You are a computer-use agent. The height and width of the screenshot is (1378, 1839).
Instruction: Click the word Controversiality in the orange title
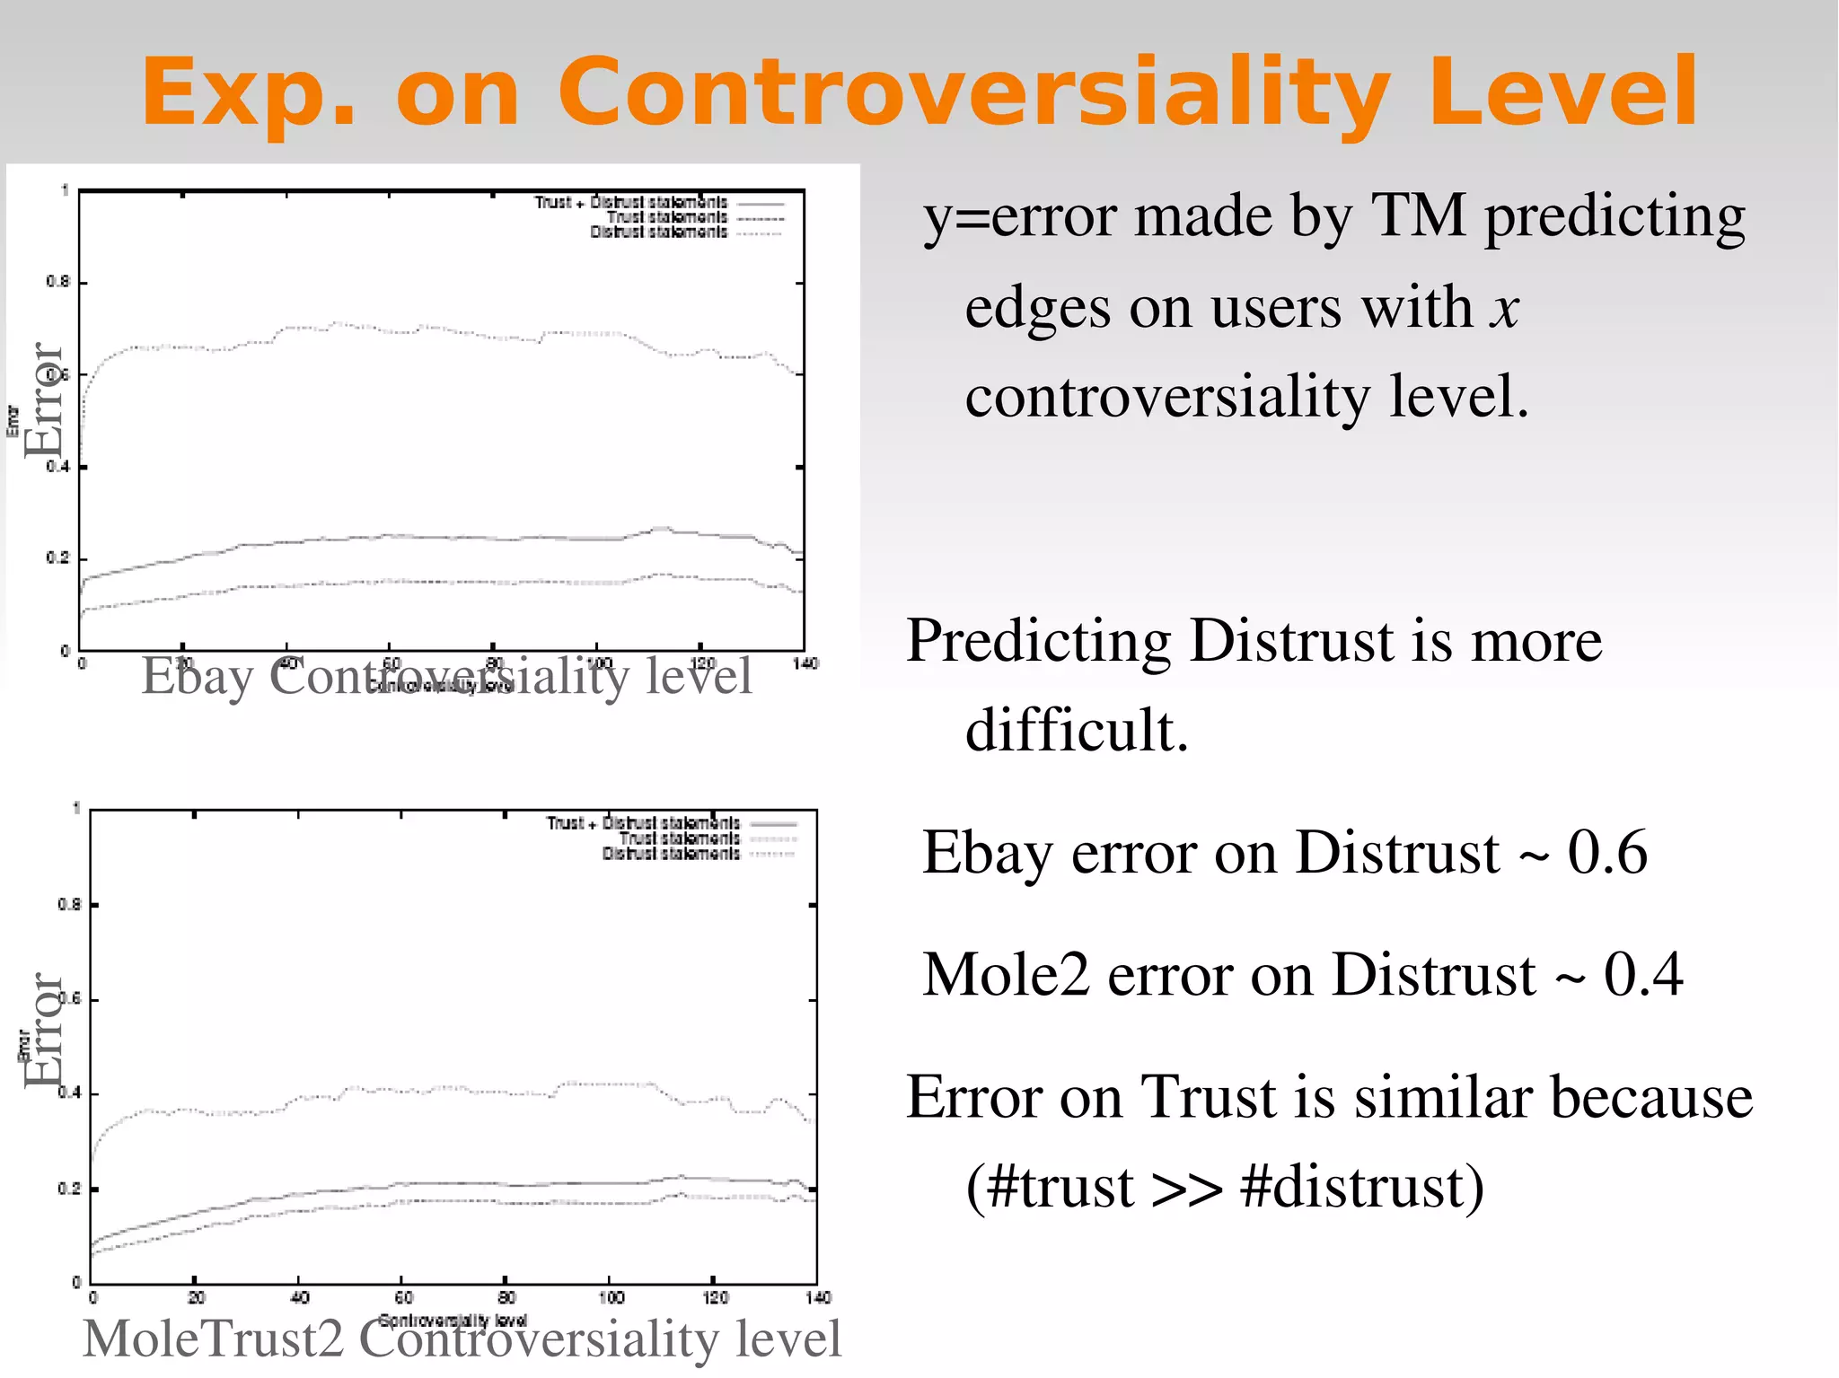click(974, 92)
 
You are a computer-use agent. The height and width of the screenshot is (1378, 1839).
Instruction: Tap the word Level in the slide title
click(1563, 92)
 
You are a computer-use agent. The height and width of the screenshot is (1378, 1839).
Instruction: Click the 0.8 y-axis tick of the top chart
click(57, 282)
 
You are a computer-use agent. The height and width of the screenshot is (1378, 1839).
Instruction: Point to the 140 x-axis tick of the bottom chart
click(818, 1297)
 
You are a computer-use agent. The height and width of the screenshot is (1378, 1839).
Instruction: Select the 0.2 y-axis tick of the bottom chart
click(69, 1189)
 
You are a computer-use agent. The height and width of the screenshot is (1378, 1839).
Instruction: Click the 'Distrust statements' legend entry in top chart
click(658, 233)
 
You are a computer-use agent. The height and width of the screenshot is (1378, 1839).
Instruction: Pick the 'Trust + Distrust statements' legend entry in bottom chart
click(643, 823)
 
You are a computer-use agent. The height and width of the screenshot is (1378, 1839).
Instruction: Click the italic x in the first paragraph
click(1504, 309)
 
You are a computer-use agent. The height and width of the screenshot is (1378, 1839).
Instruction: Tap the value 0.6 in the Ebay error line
click(1607, 853)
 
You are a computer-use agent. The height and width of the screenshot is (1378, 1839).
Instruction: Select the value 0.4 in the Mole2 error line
click(1643, 976)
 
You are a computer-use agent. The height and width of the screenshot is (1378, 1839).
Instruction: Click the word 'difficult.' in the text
click(1077, 730)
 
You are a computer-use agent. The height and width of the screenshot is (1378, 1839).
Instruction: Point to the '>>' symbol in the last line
click(1186, 1188)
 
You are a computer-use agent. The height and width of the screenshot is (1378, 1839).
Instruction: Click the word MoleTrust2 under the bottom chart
click(213, 1339)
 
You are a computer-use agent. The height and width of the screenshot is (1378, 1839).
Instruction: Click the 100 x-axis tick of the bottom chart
click(611, 1297)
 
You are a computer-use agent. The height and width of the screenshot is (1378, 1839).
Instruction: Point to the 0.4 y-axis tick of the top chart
click(57, 467)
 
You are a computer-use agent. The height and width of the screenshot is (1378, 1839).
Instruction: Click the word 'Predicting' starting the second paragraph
click(1038, 642)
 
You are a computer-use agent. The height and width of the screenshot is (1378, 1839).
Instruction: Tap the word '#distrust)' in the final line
click(1361, 1188)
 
